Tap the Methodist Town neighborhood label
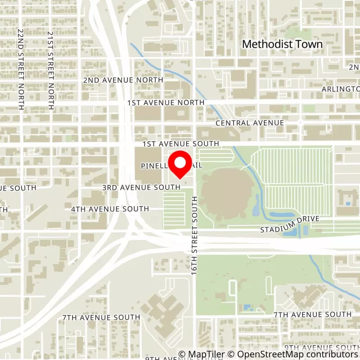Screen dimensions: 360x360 pos(283,44)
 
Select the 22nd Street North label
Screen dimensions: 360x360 pos(21,70)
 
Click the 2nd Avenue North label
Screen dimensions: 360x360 pos(122,80)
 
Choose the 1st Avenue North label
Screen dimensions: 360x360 pos(166,103)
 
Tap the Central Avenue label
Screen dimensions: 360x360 pos(249,123)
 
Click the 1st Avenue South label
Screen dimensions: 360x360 pos(180,144)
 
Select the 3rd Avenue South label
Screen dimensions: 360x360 pos(141,187)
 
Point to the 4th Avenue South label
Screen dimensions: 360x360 pos(110,209)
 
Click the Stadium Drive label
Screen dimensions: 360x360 pos(290,224)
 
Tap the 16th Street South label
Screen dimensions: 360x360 pos(195,236)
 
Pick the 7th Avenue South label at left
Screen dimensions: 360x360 pos(101,317)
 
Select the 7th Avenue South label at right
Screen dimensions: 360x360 pos(312,314)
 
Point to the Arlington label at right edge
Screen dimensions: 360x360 pos(341,89)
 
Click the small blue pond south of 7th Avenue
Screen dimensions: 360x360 pos(247,308)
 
